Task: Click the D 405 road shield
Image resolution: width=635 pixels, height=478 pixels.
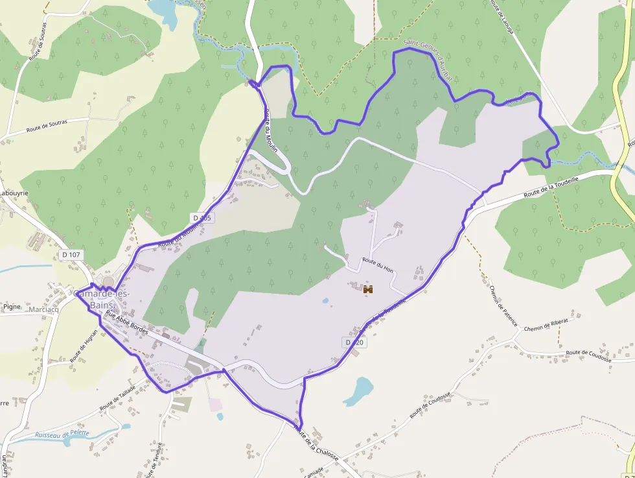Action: pyautogui.click(x=202, y=218)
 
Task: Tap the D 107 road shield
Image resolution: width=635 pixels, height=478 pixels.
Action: pyautogui.click(x=71, y=255)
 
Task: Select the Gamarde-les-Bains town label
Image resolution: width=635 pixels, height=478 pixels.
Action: pyautogui.click(x=102, y=299)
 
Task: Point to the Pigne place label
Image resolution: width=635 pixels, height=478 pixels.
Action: pyautogui.click(x=12, y=306)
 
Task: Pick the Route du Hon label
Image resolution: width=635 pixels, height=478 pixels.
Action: pyautogui.click(x=378, y=265)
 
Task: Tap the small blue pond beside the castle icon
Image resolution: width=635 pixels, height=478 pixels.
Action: pyautogui.click(x=325, y=301)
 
